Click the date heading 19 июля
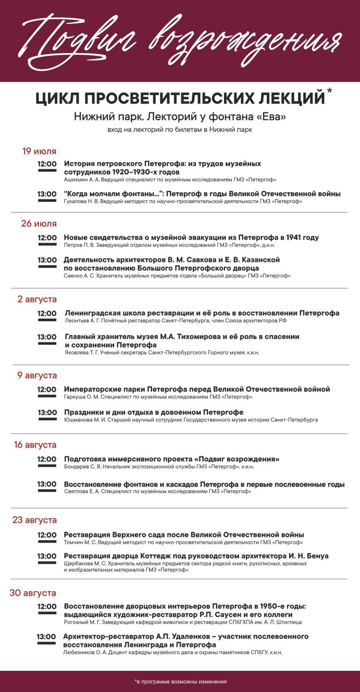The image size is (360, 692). tap(39, 151)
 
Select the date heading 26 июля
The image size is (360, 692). tap(39, 224)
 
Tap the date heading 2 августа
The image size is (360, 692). tap(37, 299)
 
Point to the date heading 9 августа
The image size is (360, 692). tap(37, 376)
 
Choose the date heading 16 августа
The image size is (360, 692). tap(35, 445)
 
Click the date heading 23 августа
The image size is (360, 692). tap(35, 520)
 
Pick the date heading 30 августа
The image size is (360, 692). tap(33, 593)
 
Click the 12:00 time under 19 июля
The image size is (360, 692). tap(47, 164)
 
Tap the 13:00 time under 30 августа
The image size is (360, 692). tap(46, 637)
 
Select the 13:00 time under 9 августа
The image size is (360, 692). tap(47, 413)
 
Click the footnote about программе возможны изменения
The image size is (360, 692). tap(180, 681)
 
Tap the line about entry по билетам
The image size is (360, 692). tap(180, 130)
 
